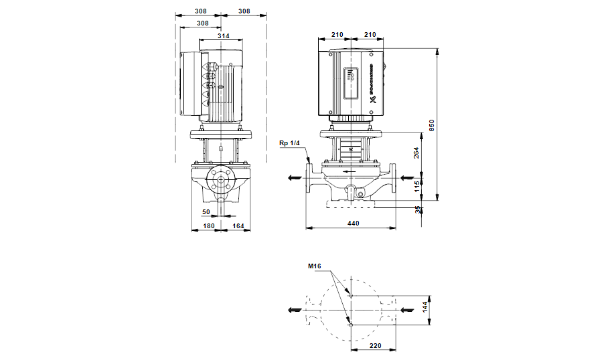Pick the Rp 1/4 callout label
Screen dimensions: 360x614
(x=291, y=143)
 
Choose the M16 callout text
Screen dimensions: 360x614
(x=315, y=266)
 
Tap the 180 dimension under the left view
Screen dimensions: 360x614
(x=208, y=226)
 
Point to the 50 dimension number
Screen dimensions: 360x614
(x=206, y=211)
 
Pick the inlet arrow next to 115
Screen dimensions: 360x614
(x=407, y=177)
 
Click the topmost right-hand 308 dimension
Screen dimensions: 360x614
(x=243, y=11)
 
